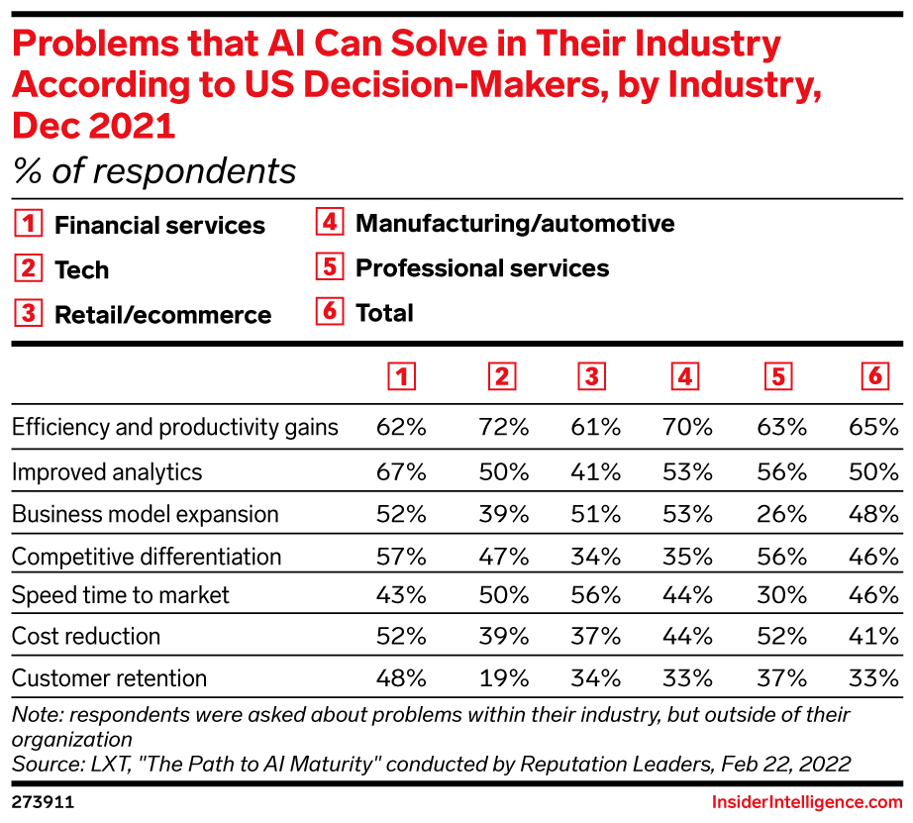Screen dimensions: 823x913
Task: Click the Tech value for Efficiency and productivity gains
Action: point(503,428)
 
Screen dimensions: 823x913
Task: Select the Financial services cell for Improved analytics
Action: point(401,471)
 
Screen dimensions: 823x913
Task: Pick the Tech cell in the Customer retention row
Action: point(503,678)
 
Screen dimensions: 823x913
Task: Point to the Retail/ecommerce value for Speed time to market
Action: point(596,595)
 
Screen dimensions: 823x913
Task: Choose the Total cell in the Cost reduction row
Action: point(873,637)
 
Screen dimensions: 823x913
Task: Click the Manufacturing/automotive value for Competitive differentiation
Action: point(688,556)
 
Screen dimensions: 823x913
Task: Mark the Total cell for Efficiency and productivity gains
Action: point(873,428)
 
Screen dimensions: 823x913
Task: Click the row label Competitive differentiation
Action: point(147,557)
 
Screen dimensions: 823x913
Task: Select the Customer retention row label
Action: point(109,678)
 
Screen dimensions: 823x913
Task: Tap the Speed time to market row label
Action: point(120,595)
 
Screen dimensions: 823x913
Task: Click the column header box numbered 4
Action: point(684,376)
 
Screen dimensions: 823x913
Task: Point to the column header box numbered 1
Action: point(401,376)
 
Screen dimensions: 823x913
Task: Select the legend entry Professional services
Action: point(481,268)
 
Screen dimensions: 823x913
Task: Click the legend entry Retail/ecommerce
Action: point(162,315)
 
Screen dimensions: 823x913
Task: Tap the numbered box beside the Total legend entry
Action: point(329,313)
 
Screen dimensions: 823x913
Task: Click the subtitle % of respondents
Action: point(154,171)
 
